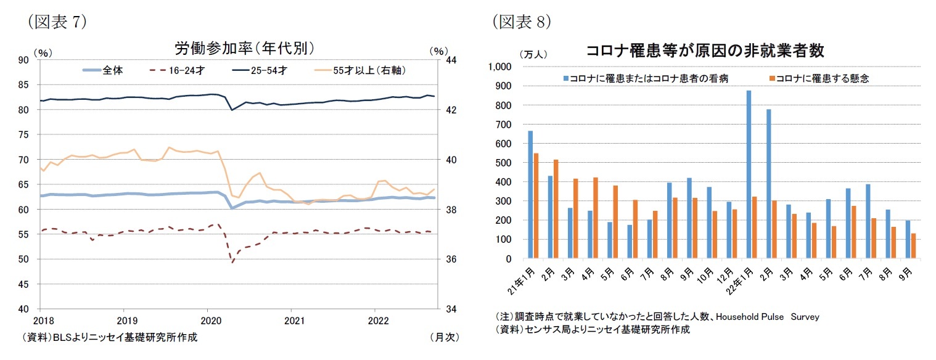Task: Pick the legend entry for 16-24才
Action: (x=178, y=70)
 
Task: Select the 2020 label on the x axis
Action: (x=207, y=321)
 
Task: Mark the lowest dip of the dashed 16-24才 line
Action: (x=215, y=263)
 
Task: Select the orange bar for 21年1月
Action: (x=536, y=206)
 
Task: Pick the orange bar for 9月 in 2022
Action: (x=913, y=246)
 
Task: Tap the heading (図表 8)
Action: (x=521, y=22)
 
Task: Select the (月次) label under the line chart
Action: (x=444, y=338)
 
